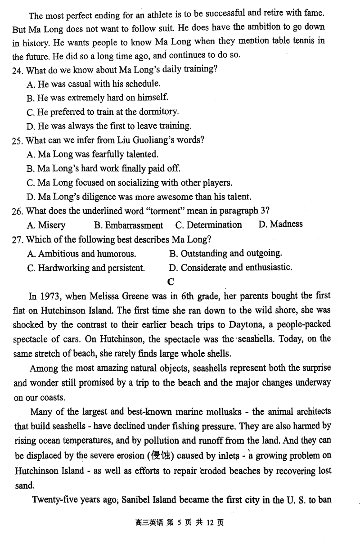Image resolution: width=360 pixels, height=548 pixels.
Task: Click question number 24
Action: pyautogui.click(x=17, y=70)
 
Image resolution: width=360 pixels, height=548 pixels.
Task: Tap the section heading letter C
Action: pyautogui.click(x=170, y=282)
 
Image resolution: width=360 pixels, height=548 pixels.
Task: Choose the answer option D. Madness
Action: pyautogui.click(x=280, y=225)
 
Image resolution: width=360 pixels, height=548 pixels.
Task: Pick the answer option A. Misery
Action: pyautogui.click(x=46, y=225)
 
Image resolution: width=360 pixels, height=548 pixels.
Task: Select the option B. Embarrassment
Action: pyautogui.click(x=129, y=225)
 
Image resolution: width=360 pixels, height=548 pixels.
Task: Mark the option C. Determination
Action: pyautogui.click(x=208, y=225)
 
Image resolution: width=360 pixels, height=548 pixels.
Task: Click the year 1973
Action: pyautogui.click(x=50, y=296)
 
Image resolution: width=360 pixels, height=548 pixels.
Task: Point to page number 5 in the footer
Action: pyautogui.click(x=179, y=523)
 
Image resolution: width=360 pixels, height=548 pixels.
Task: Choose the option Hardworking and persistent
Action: pyautogui.click(x=86, y=268)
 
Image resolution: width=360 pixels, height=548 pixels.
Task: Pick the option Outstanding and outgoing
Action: pyautogui.click(x=225, y=253)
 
